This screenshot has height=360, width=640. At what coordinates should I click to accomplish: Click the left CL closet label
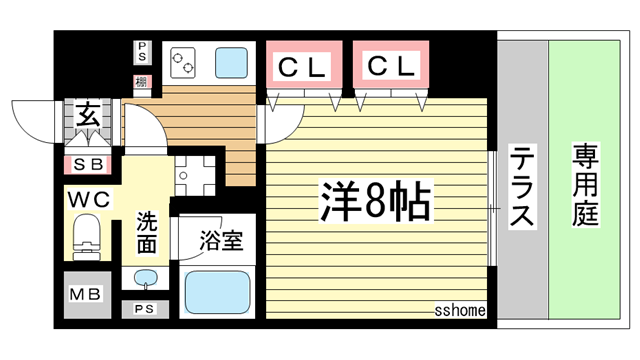coord(300,68)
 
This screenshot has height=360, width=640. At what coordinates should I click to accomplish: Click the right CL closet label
coord(390,67)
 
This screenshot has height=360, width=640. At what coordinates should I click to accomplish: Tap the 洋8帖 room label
coord(376,202)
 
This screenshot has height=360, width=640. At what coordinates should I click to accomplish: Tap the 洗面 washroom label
coord(146,232)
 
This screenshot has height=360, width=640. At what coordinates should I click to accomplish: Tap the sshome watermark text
coord(460,310)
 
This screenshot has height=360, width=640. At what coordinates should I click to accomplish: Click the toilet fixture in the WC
coord(87,241)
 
